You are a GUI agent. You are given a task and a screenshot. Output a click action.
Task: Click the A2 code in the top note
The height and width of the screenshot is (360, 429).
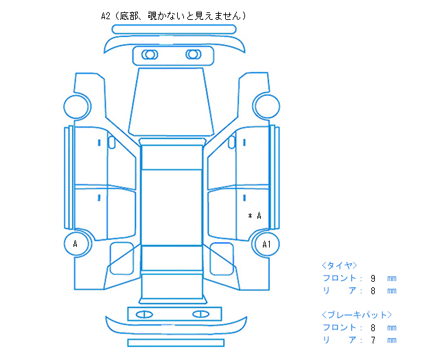[x=106, y=16]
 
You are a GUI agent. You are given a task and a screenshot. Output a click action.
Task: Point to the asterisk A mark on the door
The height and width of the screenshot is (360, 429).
[x=255, y=216]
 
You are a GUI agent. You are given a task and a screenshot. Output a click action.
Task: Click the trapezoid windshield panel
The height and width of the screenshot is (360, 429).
[x=171, y=101]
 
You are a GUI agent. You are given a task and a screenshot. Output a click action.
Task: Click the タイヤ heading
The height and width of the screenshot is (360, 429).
[x=339, y=265]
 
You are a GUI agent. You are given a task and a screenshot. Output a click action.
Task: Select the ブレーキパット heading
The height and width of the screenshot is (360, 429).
[x=357, y=315]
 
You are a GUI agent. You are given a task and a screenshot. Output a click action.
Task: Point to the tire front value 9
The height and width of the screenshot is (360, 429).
[x=373, y=278]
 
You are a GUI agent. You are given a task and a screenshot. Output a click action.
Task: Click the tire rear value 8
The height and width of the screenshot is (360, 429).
[x=373, y=291]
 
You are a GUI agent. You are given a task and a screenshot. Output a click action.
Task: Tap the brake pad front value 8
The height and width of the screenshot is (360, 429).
[x=373, y=328]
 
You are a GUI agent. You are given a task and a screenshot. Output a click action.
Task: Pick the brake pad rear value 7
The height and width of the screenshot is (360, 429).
[x=373, y=340]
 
